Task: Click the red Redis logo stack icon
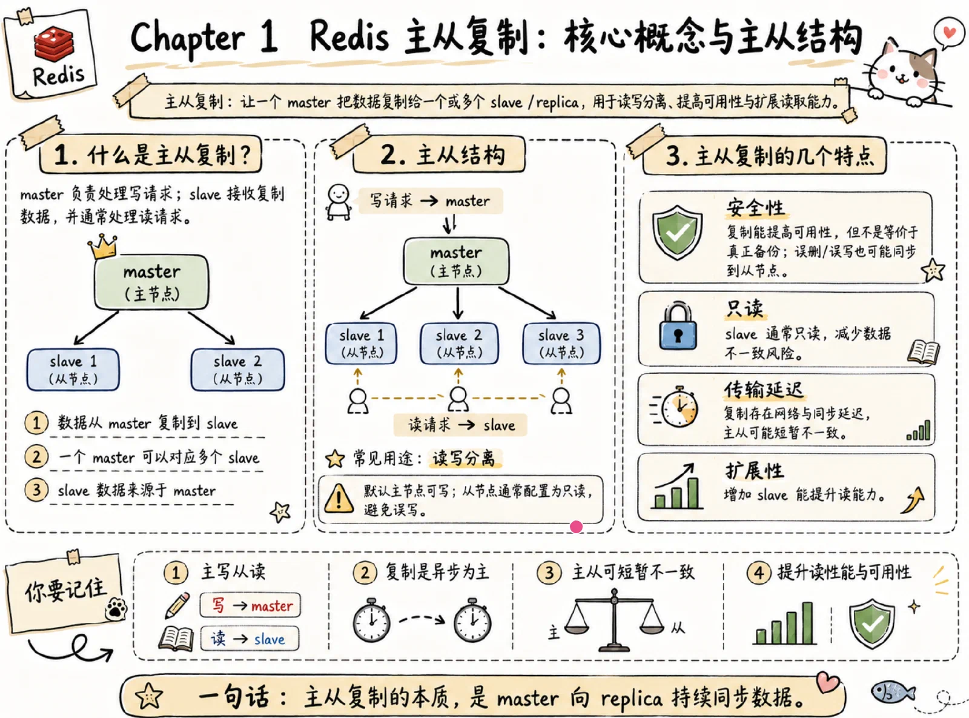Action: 54,44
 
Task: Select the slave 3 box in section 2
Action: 561,344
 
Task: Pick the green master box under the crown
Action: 151,282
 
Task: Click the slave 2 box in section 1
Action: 237,370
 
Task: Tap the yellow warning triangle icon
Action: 339,499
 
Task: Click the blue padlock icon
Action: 678,326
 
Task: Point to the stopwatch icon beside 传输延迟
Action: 677,407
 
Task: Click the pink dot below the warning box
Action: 576,527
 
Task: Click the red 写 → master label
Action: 250,605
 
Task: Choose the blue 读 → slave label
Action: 250,639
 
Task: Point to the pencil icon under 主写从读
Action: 177,605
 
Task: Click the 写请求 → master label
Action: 431,201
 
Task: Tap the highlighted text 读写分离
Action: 465,459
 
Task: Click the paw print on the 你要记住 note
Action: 115,608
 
